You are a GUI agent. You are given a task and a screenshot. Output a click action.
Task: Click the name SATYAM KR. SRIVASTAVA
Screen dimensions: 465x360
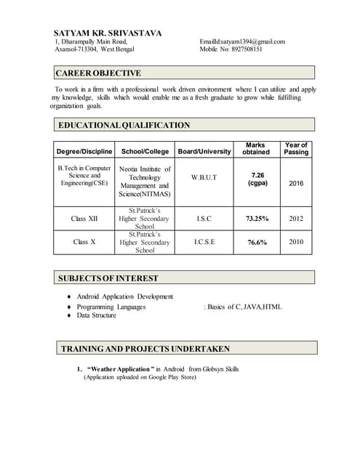click(x=108, y=33)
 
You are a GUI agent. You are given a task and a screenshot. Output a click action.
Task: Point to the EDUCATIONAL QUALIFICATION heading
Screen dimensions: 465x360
click(x=124, y=125)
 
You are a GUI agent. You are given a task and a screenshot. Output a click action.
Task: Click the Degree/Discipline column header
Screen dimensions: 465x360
click(x=84, y=151)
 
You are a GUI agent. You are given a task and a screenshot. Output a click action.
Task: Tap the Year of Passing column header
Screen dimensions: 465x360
click(x=296, y=148)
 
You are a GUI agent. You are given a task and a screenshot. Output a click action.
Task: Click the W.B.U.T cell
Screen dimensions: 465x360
click(x=204, y=177)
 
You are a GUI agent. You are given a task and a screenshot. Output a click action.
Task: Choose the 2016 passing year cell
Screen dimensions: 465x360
click(x=296, y=184)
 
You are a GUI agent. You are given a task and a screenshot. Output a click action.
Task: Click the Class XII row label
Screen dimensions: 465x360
click(x=84, y=218)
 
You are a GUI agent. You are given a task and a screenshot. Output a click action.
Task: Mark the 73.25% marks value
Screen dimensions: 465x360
click(x=257, y=218)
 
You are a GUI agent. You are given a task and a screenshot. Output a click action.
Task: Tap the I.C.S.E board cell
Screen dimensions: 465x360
click(x=204, y=241)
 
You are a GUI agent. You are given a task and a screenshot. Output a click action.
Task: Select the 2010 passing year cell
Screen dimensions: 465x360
click(x=296, y=241)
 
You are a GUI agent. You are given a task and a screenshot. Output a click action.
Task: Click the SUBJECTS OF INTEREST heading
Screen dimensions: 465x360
click(x=108, y=278)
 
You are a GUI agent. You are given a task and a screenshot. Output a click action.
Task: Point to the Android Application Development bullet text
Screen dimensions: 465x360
click(x=125, y=296)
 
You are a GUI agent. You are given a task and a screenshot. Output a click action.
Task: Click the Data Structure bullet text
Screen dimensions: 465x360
click(x=97, y=315)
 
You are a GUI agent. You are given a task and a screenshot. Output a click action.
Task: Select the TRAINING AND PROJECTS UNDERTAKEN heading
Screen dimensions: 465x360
click(x=145, y=349)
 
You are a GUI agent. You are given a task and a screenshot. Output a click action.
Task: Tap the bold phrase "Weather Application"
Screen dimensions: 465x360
click(x=119, y=369)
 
